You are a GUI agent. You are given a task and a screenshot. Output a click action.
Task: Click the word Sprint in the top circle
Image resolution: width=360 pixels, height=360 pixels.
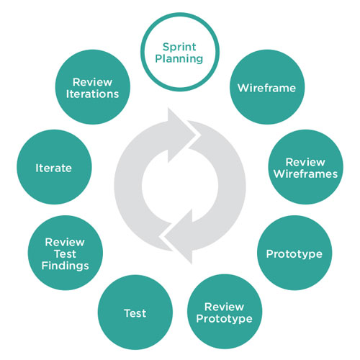pyautogui.click(x=179, y=48)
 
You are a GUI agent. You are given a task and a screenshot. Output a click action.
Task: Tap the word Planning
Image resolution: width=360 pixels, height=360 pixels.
pyautogui.click(x=179, y=59)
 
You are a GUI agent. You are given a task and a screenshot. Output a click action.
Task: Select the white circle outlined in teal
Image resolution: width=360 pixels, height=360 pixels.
pyautogui.click(x=180, y=52)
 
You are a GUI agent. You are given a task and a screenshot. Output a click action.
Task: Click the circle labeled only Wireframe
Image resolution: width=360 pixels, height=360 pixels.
pyautogui.click(x=267, y=87)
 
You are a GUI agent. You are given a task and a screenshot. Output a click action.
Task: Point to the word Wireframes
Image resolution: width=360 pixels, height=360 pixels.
pyautogui.click(x=305, y=174)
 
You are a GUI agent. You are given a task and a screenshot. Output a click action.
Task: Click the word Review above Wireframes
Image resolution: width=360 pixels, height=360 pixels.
pyautogui.click(x=305, y=162)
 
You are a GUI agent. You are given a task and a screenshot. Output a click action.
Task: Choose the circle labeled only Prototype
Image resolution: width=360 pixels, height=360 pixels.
pyautogui.click(x=294, y=253)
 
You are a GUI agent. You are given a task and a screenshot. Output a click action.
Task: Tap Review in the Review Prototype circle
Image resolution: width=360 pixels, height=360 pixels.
pyautogui.click(x=224, y=307)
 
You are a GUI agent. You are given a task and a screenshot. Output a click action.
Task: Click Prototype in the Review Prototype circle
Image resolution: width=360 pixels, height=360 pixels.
pyautogui.click(x=224, y=319)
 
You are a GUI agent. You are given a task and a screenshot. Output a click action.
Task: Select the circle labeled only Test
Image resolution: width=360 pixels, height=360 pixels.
pyautogui.click(x=135, y=312)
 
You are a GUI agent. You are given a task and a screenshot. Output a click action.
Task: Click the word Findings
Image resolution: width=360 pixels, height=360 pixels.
pyautogui.click(x=66, y=266)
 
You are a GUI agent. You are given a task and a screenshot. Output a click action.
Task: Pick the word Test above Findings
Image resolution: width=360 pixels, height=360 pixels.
pyautogui.click(x=65, y=254)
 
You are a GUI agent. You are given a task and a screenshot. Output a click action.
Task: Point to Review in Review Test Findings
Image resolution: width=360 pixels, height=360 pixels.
pyautogui.click(x=65, y=242)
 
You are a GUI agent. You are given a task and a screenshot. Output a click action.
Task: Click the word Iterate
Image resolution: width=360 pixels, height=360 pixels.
pyautogui.click(x=53, y=168)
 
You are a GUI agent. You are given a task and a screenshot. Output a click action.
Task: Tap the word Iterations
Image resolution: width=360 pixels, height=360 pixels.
pyautogui.click(x=92, y=94)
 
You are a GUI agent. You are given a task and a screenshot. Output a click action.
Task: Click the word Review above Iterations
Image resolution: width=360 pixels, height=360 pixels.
pyautogui.click(x=92, y=82)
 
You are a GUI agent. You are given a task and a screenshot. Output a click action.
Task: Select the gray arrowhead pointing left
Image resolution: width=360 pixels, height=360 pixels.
pyautogui.click(x=179, y=237)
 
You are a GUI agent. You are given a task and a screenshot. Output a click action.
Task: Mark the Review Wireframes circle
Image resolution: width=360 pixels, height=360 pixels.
pyautogui.click(x=305, y=167)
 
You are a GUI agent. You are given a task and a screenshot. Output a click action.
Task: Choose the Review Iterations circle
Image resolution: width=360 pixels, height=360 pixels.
pyautogui.click(x=93, y=87)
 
